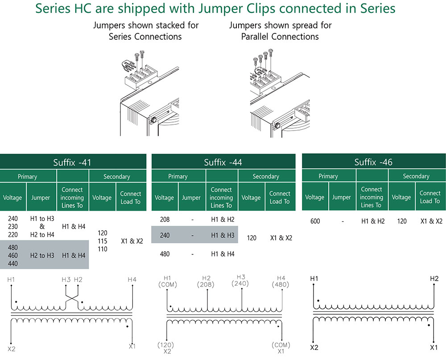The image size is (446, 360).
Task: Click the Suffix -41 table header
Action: [72, 163]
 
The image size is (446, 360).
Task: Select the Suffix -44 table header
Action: [223, 162]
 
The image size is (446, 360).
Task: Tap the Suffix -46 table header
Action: [373, 162]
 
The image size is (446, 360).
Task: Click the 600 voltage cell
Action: [315, 221]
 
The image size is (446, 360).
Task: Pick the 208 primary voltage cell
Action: [165, 219]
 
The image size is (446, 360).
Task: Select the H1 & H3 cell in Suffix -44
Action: [223, 235]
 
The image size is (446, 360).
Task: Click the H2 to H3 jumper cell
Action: [42, 255]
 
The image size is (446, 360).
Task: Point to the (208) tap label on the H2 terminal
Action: [205, 284]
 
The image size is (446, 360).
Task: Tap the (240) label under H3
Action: [240, 283]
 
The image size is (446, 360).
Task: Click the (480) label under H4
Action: [281, 284]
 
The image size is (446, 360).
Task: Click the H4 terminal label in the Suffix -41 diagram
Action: [132, 280]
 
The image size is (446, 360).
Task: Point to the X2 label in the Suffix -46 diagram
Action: [314, 348]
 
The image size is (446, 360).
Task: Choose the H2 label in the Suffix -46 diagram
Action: [434, 278]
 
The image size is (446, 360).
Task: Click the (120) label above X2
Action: [165, 345]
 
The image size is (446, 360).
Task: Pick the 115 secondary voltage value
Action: [103, 241]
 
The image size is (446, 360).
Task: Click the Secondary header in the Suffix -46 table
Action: [416, 176]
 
